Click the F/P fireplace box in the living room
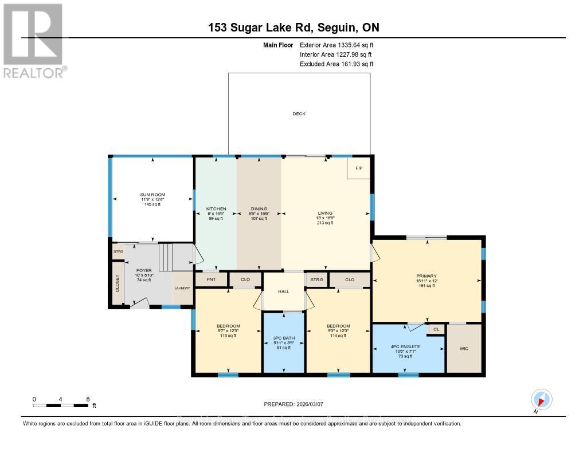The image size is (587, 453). [x=359, y=168]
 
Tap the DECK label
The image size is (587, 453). [x=299, y=114]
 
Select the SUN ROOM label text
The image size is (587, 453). [x=152, y=195]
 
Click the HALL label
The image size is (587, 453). [x=283, y=292]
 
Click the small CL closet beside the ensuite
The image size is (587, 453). [x=436, y=329]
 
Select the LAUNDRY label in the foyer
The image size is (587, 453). [x=182, y=288]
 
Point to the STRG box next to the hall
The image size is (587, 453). [x=316, y=279]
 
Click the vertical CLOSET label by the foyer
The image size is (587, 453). [x=118, y=283]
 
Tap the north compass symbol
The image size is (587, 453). [x=542, y=399]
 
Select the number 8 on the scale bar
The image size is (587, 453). [x=88, y=399]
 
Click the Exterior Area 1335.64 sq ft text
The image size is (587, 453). [x=336, y=45]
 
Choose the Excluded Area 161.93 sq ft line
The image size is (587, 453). [x=336, y=64]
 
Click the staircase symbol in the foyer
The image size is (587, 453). [x=165, y=256]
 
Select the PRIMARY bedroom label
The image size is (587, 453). [x=426, y=277]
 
